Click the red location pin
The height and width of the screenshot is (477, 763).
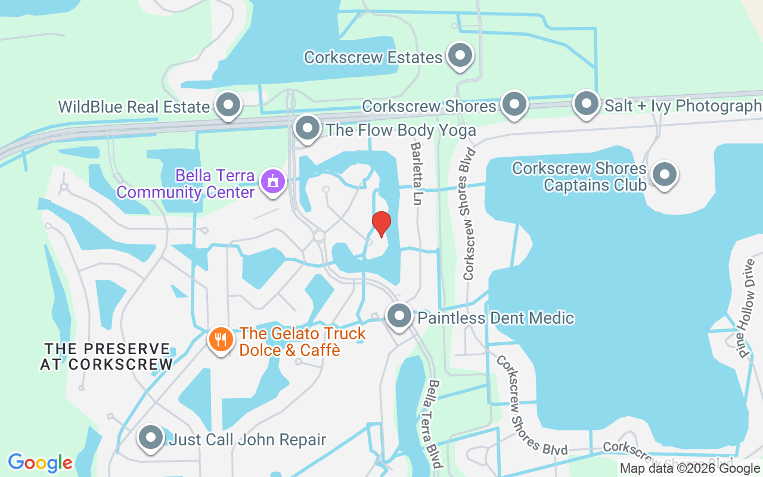point(381,224)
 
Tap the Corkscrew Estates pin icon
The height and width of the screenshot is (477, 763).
point(460,56)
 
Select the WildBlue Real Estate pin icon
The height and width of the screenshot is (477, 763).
point(227,106)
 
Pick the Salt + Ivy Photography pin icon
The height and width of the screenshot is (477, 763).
point(586,104)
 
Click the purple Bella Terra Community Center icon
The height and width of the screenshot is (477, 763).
point(273,180)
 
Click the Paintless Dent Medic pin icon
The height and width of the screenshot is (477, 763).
point(399,317)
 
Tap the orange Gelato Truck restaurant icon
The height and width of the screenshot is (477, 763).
point(221,340)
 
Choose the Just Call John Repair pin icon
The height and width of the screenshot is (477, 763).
point(151,438)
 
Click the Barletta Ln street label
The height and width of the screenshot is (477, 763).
point(416,174)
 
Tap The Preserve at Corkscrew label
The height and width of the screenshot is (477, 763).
point(107,356)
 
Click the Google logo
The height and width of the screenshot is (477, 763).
point(40,463)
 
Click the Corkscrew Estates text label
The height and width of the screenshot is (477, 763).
point(373,57)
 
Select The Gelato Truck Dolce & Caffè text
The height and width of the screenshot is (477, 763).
point(302,342)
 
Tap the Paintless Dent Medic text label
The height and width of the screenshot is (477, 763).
point(495,318)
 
